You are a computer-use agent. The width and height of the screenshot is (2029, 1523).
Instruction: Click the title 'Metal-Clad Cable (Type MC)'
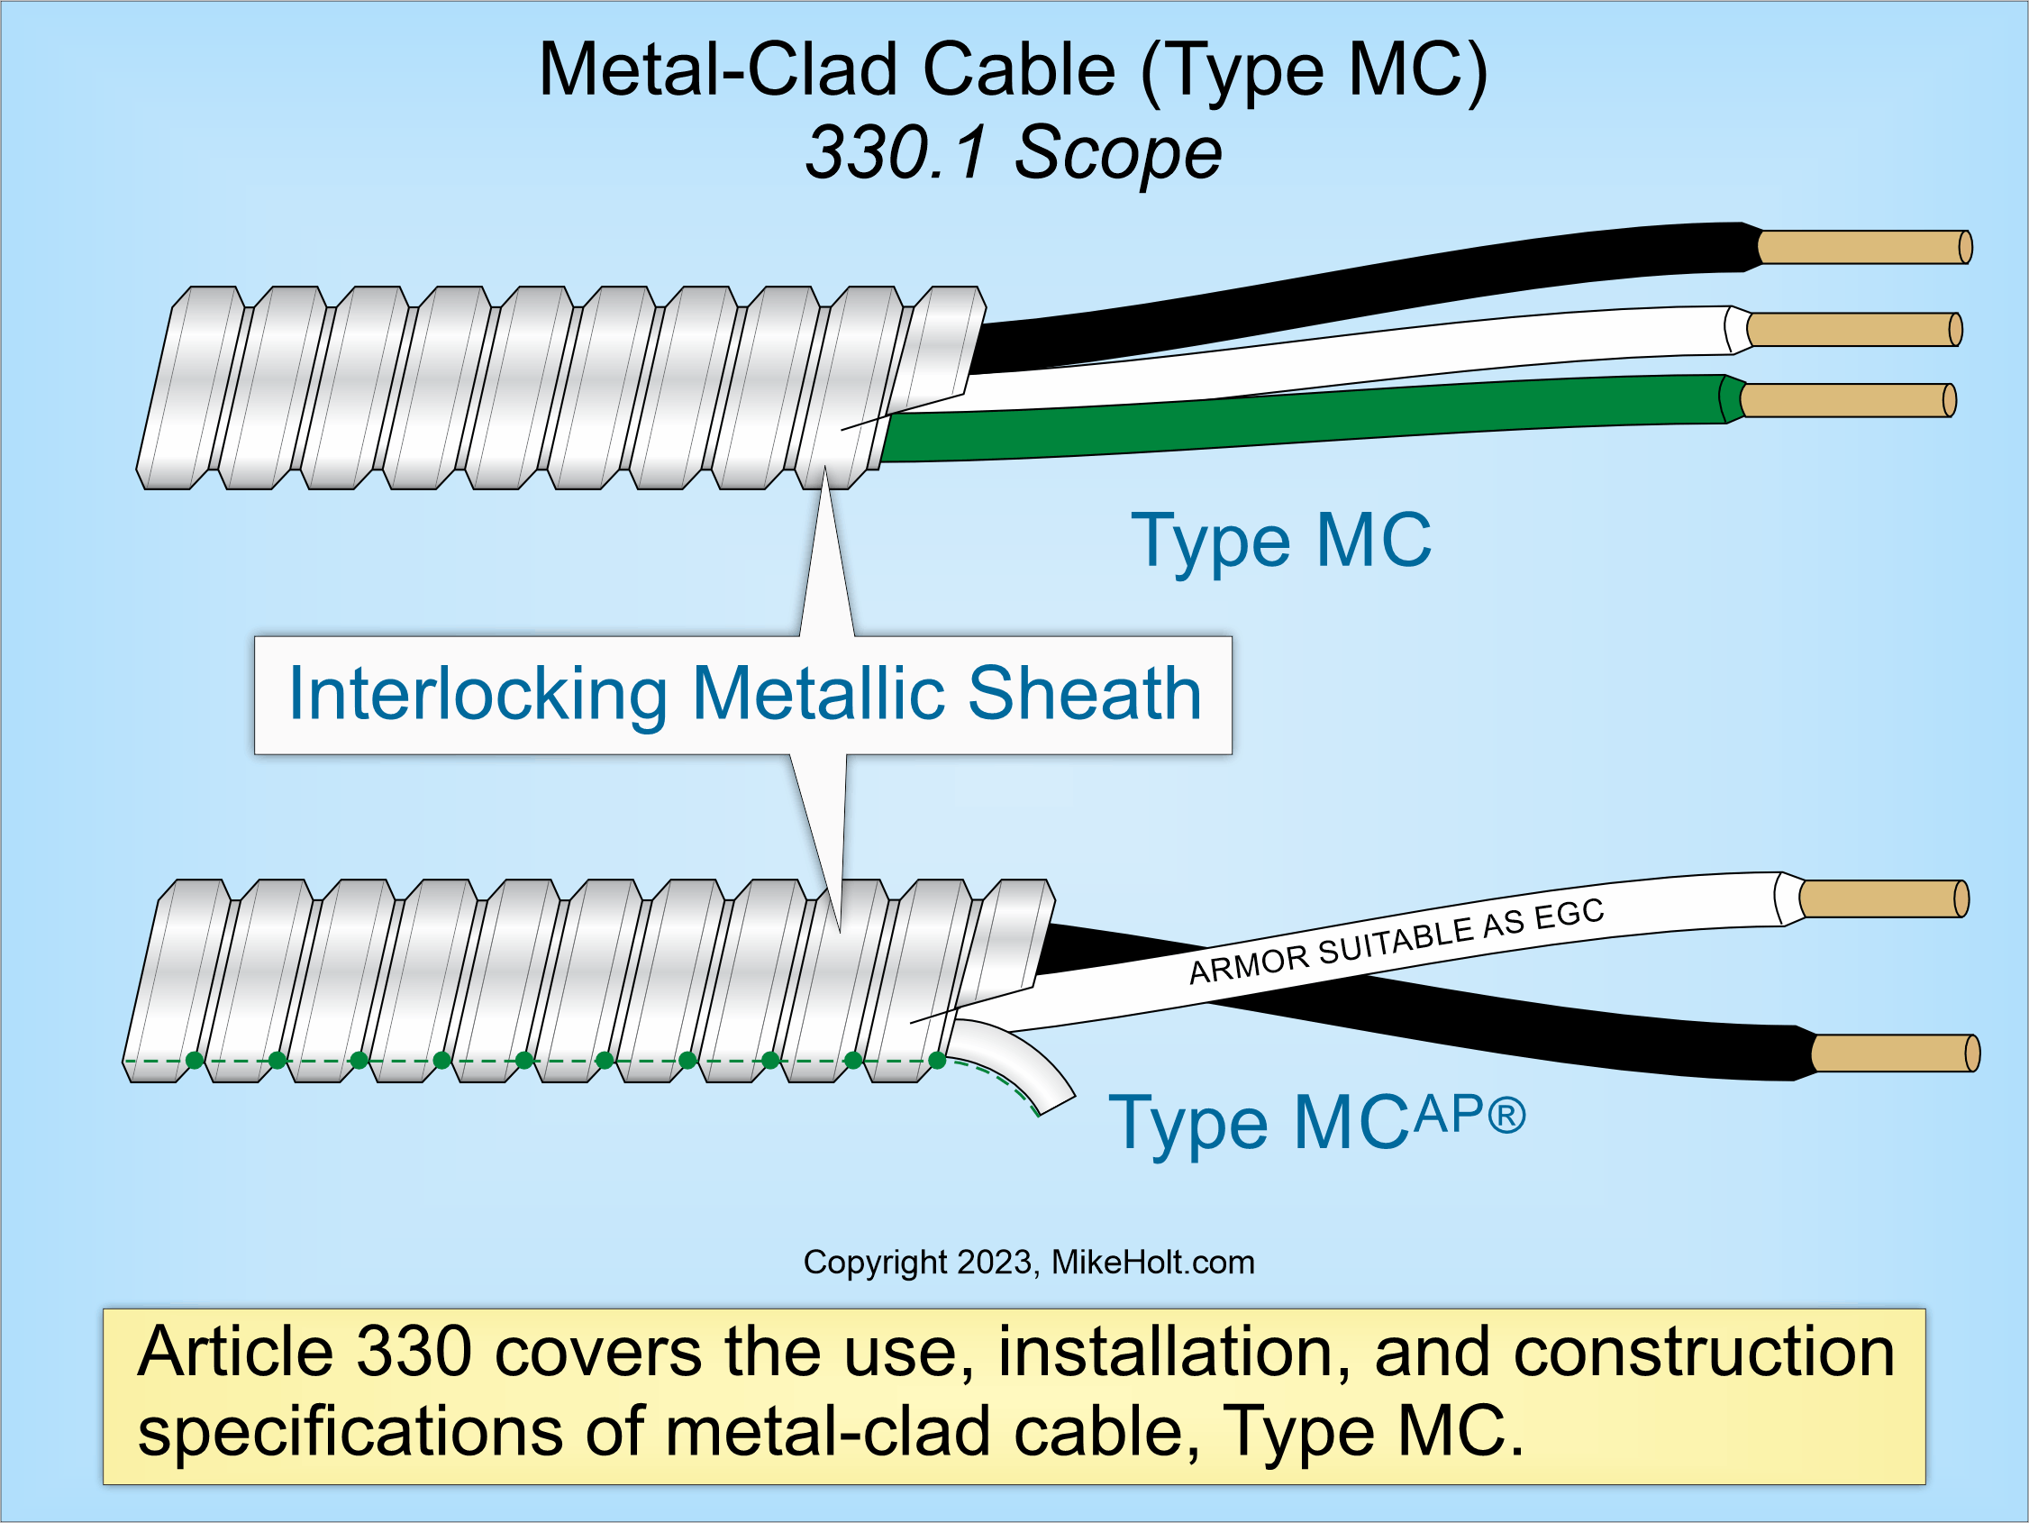pyautogui.click(x=1013, y=71)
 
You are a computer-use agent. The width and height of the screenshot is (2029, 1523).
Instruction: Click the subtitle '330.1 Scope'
pyautogui.click(x=1013, y=152)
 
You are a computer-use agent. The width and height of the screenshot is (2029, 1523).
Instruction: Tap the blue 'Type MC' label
pyautogui.click(x=1280, y=542)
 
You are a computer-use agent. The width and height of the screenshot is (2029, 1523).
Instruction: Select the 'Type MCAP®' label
pyautogui.click(x=1316, y=1121)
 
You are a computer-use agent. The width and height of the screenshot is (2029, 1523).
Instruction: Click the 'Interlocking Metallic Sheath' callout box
pyautogui.click(x=743, y=695)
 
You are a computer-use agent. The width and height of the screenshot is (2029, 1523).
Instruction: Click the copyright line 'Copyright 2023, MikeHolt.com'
pyautogui.click(x=1028, y=1263)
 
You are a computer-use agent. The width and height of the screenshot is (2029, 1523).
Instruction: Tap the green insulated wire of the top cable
pyautogui.click(x=1284, y=417)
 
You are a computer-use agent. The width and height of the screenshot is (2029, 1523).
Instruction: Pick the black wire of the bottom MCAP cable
pyautogui.click(x=1560, y=1036)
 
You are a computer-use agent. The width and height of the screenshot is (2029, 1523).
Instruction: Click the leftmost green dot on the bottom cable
pyautogui.click(x=195, y=1061)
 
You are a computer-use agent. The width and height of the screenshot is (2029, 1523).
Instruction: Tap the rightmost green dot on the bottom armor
pyautogui.click(x=936, y=1061)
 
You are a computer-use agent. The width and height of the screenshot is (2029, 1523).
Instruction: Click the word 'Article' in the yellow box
pyautogui.click(x=234, y=1354)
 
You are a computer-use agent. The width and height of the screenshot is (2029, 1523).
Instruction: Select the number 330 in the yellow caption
pyautogui.click(x=413, y=1354)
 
